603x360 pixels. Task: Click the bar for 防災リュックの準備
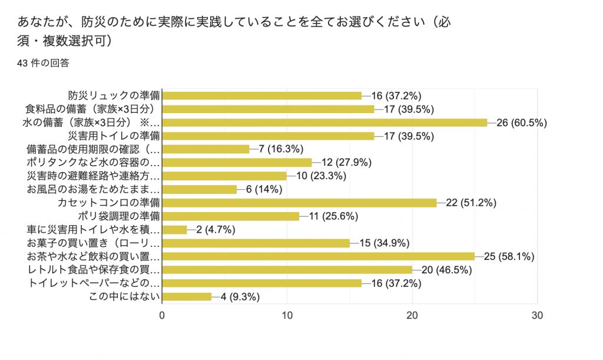(262, 95)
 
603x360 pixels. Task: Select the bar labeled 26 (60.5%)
(324, 122)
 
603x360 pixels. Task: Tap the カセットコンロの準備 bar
(299, 203)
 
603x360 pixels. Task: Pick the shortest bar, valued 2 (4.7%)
(174, 230)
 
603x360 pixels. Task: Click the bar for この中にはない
(187, 296)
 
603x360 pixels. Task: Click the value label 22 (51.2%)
(472, 203)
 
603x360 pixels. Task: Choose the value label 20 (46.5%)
(447, 270)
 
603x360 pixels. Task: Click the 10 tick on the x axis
(287, 315)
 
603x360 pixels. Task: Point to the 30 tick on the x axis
(537, 315)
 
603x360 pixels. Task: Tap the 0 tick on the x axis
(162, 315)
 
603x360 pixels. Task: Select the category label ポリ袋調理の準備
(119, 216)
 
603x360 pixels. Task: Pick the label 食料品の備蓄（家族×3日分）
(92, 109)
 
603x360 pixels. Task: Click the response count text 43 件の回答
(44, 63)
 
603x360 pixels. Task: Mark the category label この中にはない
(124, 296)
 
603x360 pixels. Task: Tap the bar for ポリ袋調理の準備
(230, 216)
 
